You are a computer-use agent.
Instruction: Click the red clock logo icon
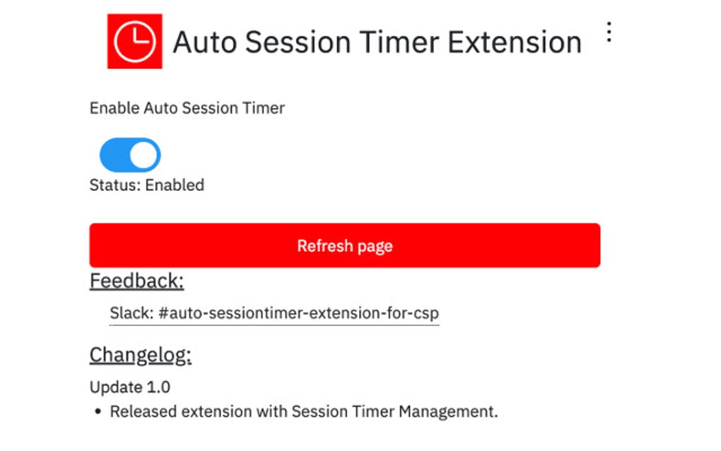point(134,41)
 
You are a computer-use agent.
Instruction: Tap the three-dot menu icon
point(609,33)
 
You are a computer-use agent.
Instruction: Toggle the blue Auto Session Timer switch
point(130,156)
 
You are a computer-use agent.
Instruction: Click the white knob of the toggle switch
point(144,156)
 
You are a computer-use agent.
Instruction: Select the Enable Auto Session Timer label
point(187,108)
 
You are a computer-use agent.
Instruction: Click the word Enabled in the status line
point(175,185)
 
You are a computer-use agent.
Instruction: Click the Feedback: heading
point(136,281)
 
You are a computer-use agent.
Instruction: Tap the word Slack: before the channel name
point(131,312)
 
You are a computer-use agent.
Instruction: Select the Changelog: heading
point(141,355)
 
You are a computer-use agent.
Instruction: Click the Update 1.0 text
point(130,387)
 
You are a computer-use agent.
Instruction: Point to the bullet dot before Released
point(98,412)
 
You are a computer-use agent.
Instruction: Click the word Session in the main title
point(301,42)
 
